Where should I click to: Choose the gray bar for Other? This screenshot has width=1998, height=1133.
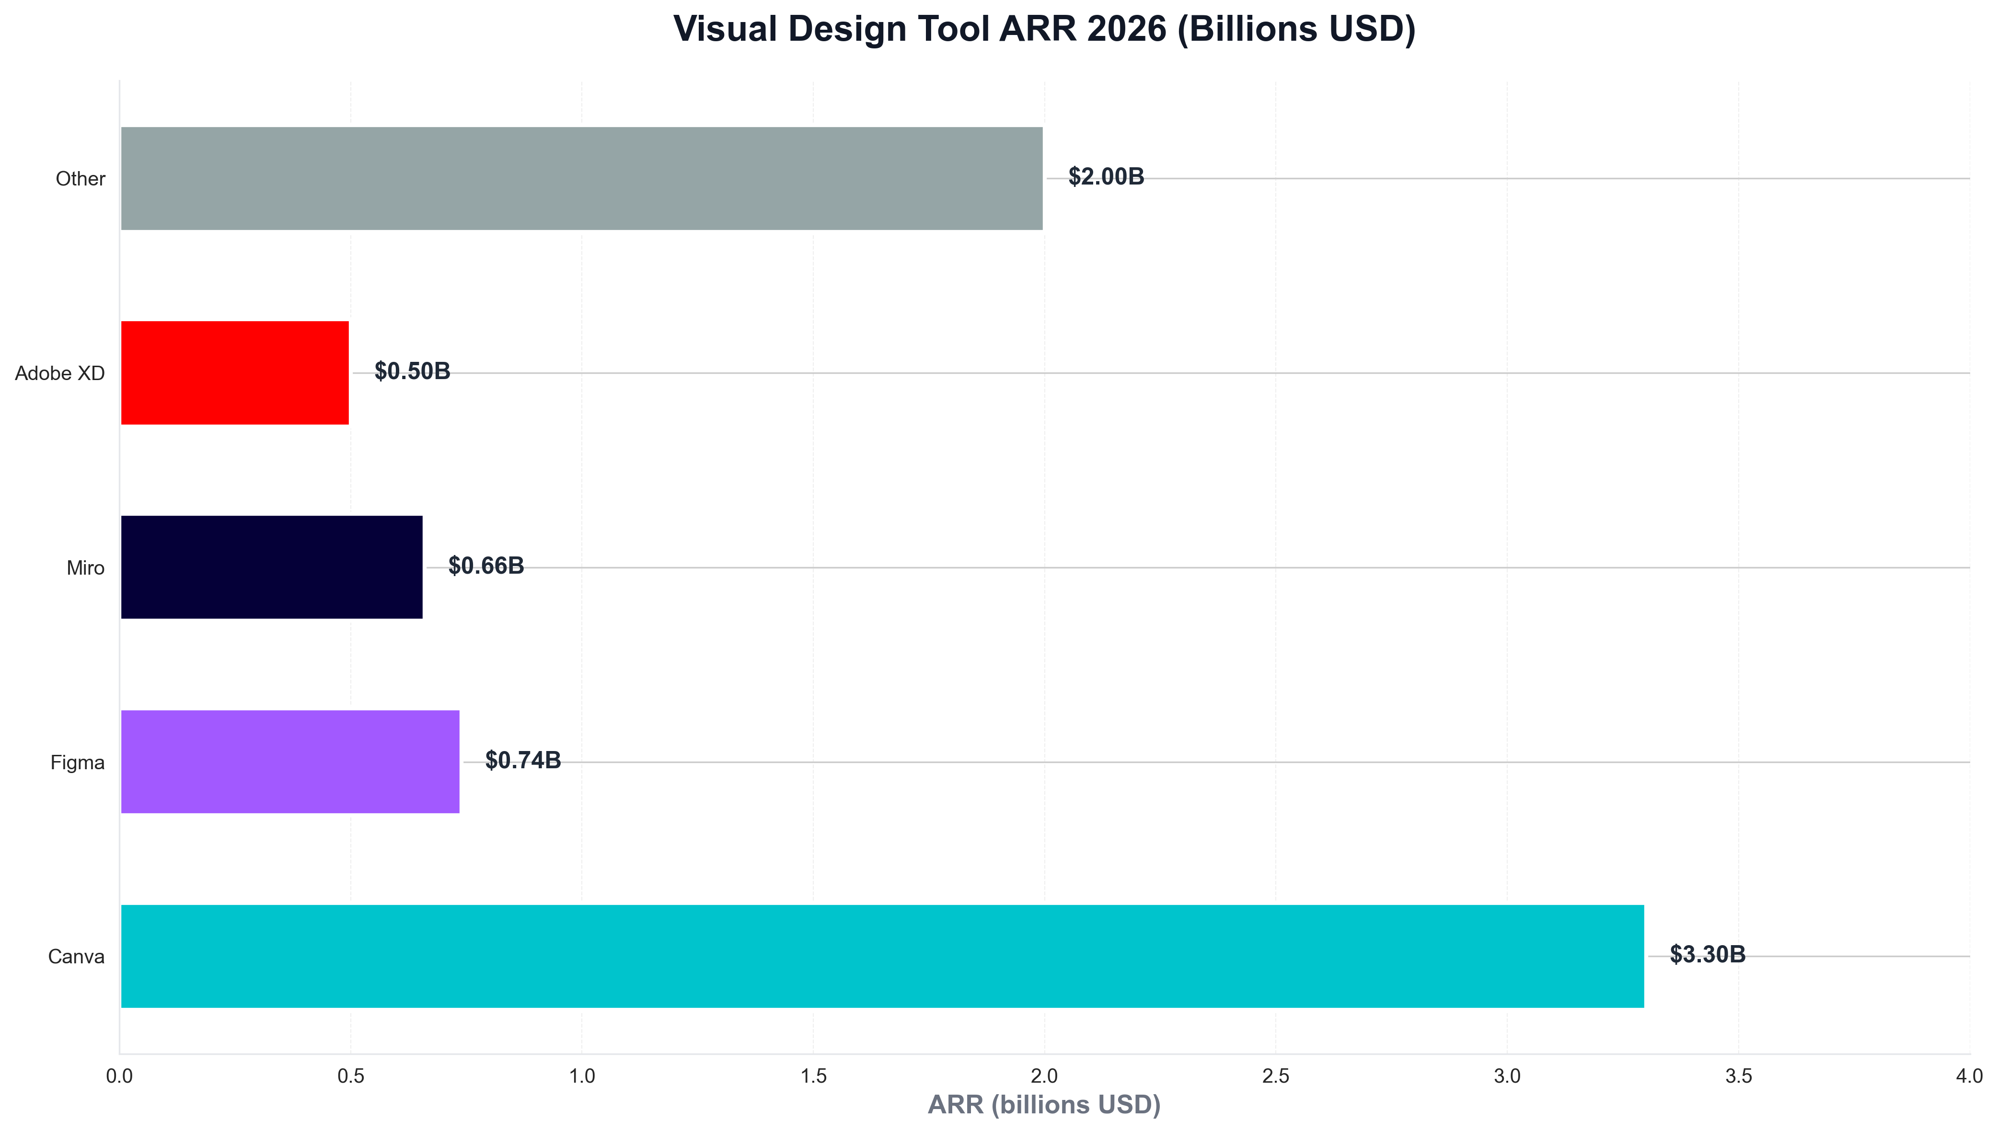(x=581, y=178)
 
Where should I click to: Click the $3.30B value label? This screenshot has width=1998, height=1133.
(x=1707, y=954)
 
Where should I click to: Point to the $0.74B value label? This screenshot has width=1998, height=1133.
(x=523, y=760)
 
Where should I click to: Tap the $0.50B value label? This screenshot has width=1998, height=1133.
(x=412, y=371)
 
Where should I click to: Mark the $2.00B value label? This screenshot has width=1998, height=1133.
(x=1106, y=177)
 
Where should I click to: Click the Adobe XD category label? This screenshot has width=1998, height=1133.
(x=60, y=373)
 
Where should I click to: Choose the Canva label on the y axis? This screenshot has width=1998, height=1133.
(x=76, y=956)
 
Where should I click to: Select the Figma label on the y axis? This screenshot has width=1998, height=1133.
(x=77, y=763)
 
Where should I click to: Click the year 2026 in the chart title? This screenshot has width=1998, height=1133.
(x=1127, y=30)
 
